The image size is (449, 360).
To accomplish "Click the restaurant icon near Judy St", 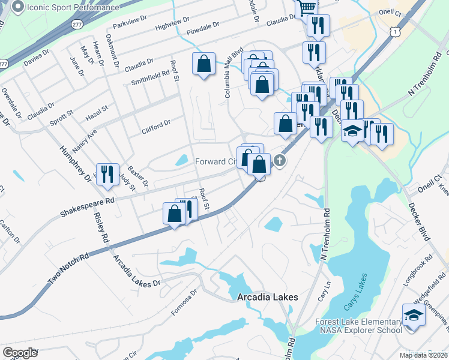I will (107, 174).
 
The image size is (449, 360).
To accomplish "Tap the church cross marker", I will (280, 160).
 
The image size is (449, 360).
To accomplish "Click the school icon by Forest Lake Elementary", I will (414, 315).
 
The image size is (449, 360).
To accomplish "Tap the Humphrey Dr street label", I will (75, 163).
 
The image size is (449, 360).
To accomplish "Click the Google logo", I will (20, 353).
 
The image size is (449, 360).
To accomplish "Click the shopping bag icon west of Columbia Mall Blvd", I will (203, 64).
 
